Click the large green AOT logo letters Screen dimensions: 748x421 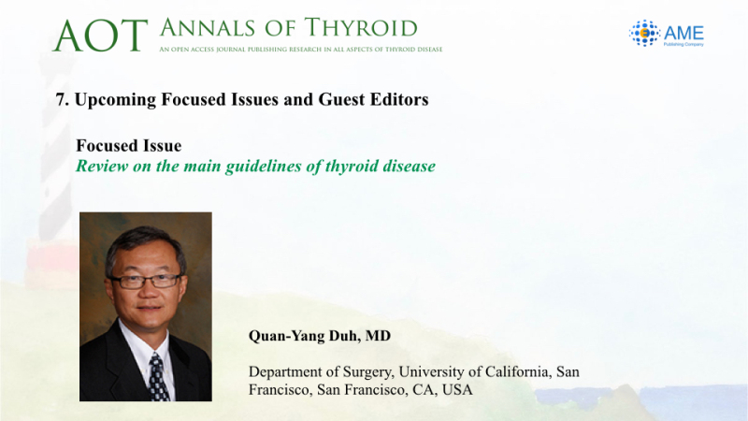coord(100,36)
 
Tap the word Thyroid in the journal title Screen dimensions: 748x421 coord(361,28)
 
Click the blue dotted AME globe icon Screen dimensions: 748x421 coord(644,33)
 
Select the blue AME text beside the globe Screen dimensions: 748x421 coord(683,33)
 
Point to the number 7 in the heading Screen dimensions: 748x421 coord(61,99)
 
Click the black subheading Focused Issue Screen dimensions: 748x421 coord(129,146)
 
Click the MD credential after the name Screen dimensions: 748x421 coord(378,336)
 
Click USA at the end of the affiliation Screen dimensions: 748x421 coord(457,390)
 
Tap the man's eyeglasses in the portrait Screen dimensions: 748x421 coord(146,282)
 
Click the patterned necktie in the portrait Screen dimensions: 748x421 coord(158,378)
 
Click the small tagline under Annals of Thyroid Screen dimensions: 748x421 coord(301,50)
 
